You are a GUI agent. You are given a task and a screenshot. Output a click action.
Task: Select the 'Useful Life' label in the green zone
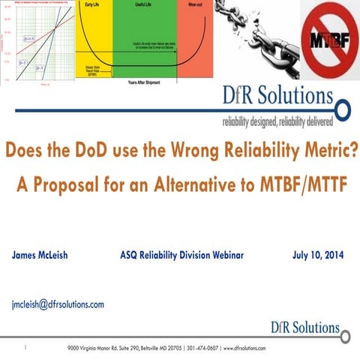click(144, 4)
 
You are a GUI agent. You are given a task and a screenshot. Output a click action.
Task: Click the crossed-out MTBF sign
click(330, 39)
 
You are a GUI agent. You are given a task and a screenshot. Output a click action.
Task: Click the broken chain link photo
click(256, 37)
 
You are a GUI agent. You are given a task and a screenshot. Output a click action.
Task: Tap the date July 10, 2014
click(317, 256)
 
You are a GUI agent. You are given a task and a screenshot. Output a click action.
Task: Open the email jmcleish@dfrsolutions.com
click(58, 304)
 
